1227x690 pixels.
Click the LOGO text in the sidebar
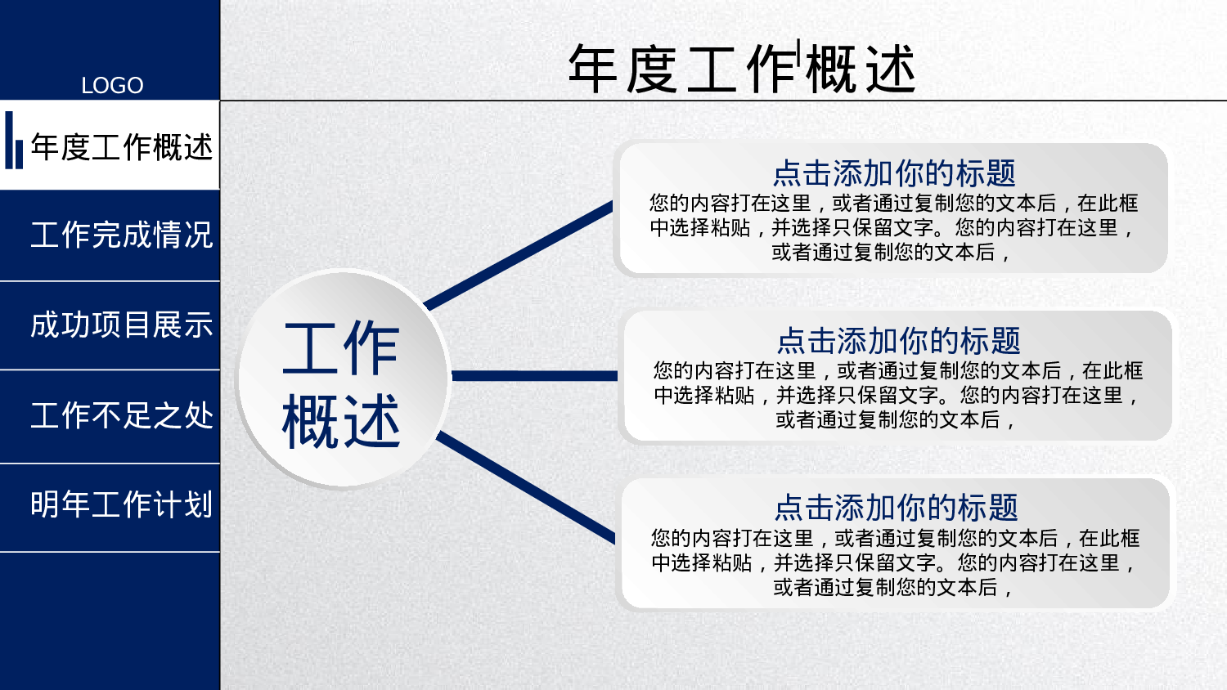tap(112, 85)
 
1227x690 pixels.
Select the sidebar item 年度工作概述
tap(121, 147)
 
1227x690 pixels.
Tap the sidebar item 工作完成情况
tap(121, 235)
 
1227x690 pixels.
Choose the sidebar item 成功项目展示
tap(121, 325)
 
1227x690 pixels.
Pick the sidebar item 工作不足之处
tap(121, 415)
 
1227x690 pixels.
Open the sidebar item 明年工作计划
tap(121, 504)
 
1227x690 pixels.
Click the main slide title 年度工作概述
tap(741, 69)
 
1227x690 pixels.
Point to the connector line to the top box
tap(519, 255)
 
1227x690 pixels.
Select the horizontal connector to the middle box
tap(533, 376)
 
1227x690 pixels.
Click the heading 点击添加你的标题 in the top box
tap(894, 173)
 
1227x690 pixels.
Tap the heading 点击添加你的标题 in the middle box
tap(898, 341)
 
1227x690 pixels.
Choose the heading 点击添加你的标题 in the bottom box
tap(896, 508)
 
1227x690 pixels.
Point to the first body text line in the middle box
tap(898, 371)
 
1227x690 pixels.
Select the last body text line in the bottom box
tap(893, 588)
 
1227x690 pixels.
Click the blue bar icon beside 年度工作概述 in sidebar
tap(14, 141)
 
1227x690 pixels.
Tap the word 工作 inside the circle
tap(340, 349)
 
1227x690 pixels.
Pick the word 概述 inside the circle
tap(340, 422)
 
